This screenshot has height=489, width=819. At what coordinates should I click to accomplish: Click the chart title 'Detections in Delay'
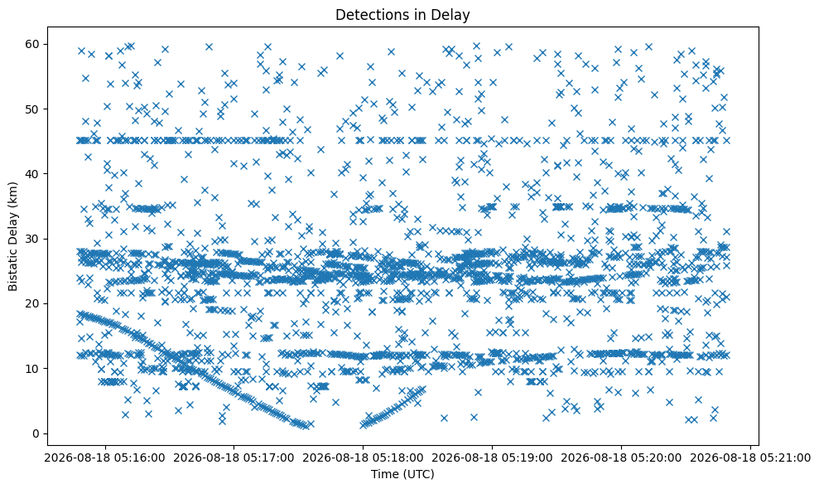[x=402, y=15]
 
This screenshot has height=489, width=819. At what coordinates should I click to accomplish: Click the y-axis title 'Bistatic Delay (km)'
[x=13, y=236]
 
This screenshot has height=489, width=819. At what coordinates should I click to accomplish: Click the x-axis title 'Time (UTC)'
[x=402, y=474]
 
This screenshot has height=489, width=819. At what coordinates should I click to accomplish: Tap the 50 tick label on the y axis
[x=33, y=109]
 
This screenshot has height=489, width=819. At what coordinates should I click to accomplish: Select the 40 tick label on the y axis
[x=33, y=173]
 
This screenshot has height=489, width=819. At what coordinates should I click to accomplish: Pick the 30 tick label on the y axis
[x=33, y=239]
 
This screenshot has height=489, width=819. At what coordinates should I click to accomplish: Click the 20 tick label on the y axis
[x=33, y=303]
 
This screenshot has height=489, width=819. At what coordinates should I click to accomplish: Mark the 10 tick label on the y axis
[x=33, y=369]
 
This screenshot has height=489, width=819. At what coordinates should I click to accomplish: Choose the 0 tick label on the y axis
[x=36, y=433]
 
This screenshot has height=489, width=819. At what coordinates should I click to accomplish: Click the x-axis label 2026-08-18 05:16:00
[x=105, y=458]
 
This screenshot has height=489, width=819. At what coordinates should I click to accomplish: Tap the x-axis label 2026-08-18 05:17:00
[x=234, y=458]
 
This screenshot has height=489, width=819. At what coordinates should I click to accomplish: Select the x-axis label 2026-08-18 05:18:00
[x=364, y=458]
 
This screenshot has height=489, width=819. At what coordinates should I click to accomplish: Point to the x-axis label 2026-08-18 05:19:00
[x=493, y=458]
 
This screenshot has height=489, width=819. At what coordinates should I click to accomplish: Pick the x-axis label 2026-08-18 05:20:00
[x=622, y=458]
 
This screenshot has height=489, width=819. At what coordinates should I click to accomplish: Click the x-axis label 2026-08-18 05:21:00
[x=750, y=458]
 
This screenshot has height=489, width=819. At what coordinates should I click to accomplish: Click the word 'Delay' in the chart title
[x=452, y=15]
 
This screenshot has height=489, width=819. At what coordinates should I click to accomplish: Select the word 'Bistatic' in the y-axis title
[x=13, y=270]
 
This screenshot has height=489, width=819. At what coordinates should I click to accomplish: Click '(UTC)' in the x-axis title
[x=418, y=474]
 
